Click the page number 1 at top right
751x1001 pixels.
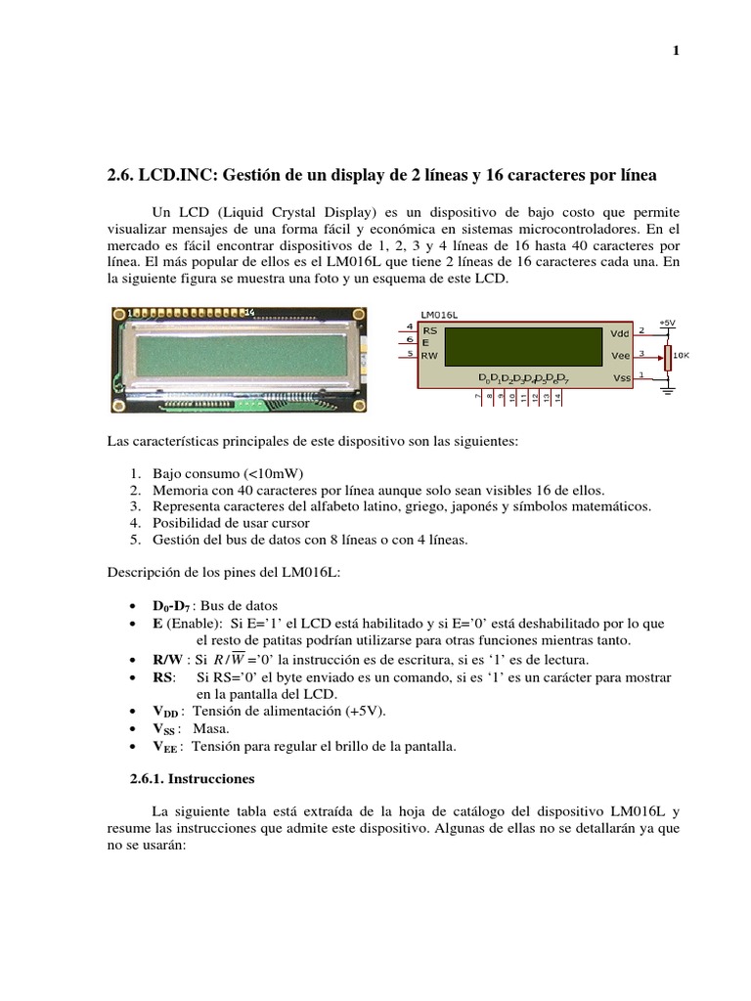click(676, 51)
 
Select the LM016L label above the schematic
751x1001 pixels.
click(439, 316)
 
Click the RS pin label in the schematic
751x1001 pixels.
click(429, 331)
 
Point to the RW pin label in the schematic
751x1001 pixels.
click(430, 356)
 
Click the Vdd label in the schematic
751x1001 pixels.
click(620, 333)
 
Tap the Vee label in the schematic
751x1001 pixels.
click(620, 355)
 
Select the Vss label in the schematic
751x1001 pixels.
click(620, 377)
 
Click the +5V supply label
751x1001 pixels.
click(668, 322)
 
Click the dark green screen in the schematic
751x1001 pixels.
click(522, 346)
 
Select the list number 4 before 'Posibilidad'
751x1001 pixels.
click(134, 522)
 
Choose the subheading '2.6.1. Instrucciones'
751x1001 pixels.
click(192, 779)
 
